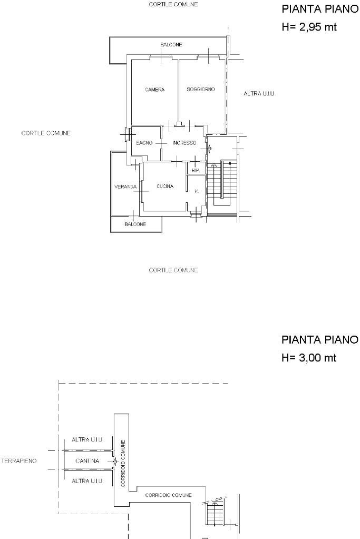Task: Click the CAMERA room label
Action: [155, 90]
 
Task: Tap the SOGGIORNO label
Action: [200, 90]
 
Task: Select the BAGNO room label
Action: [144, 143]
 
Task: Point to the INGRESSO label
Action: [184, 143]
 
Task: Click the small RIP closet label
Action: [195, 170]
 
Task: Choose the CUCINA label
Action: [165, 187]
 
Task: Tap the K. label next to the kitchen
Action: [197, 191]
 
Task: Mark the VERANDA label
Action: [125, 187]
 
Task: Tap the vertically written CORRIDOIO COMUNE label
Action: [122, 463]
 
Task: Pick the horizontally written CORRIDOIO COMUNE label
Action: [168, 495]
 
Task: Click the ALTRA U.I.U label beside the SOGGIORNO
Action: [259, 94]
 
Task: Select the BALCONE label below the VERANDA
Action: [135, 224]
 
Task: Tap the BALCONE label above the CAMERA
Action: [171, 45]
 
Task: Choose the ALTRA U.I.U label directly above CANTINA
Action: [87, 439]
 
